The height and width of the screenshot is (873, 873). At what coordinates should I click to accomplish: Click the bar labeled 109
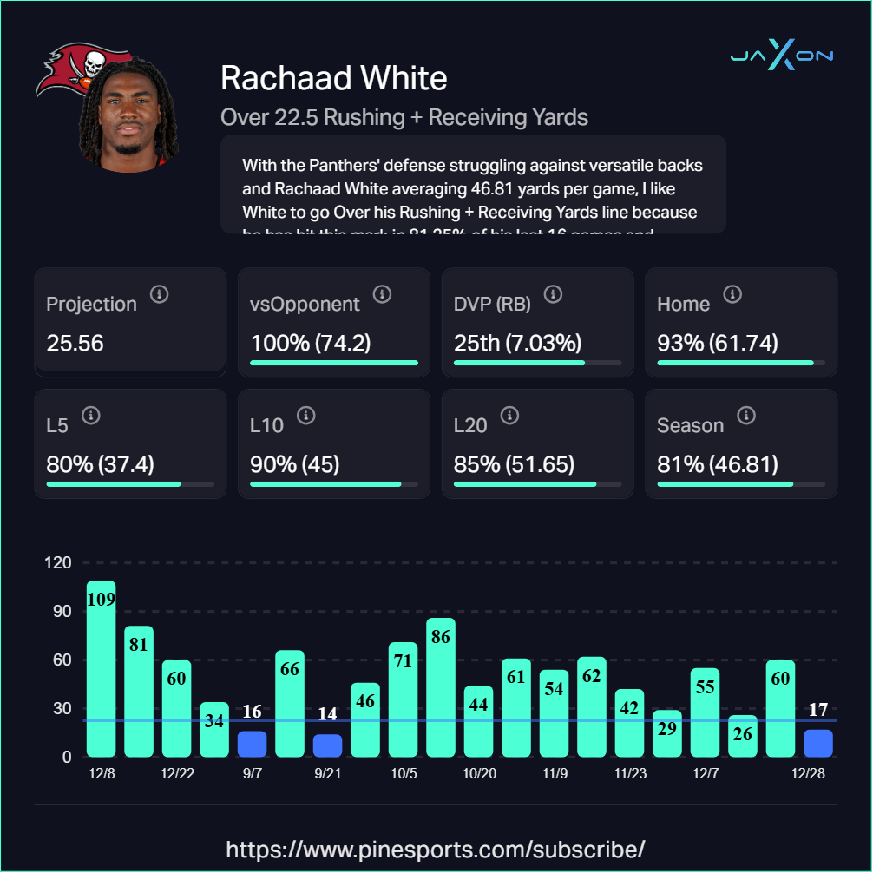tap(101, 668)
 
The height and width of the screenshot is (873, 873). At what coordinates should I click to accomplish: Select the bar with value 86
tap(441, 687)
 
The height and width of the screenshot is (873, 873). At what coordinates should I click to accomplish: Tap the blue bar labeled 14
tap(327, 745)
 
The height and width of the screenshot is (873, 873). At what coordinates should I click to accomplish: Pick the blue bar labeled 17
tap(817, 743)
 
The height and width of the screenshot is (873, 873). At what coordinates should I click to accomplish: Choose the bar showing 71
tap(403, 699)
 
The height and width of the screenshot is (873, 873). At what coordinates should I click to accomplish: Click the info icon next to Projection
tap(159, 294)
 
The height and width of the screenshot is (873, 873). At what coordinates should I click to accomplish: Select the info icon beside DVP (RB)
tap(553, 294)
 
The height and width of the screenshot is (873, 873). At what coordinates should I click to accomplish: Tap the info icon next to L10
tap(305, 416)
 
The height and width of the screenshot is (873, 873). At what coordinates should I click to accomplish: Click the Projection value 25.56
tap(75, 343)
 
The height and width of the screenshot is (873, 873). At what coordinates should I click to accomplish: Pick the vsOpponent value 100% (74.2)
tap(311, 343)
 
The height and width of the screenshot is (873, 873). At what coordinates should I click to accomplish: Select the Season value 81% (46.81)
tap(717, 464)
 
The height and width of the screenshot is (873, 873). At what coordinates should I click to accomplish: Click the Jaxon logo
tap(781, 56)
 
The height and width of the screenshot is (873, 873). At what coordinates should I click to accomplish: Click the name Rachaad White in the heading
tap(334, 78)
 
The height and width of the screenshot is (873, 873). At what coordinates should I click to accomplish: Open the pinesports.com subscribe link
tap(436, 848)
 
